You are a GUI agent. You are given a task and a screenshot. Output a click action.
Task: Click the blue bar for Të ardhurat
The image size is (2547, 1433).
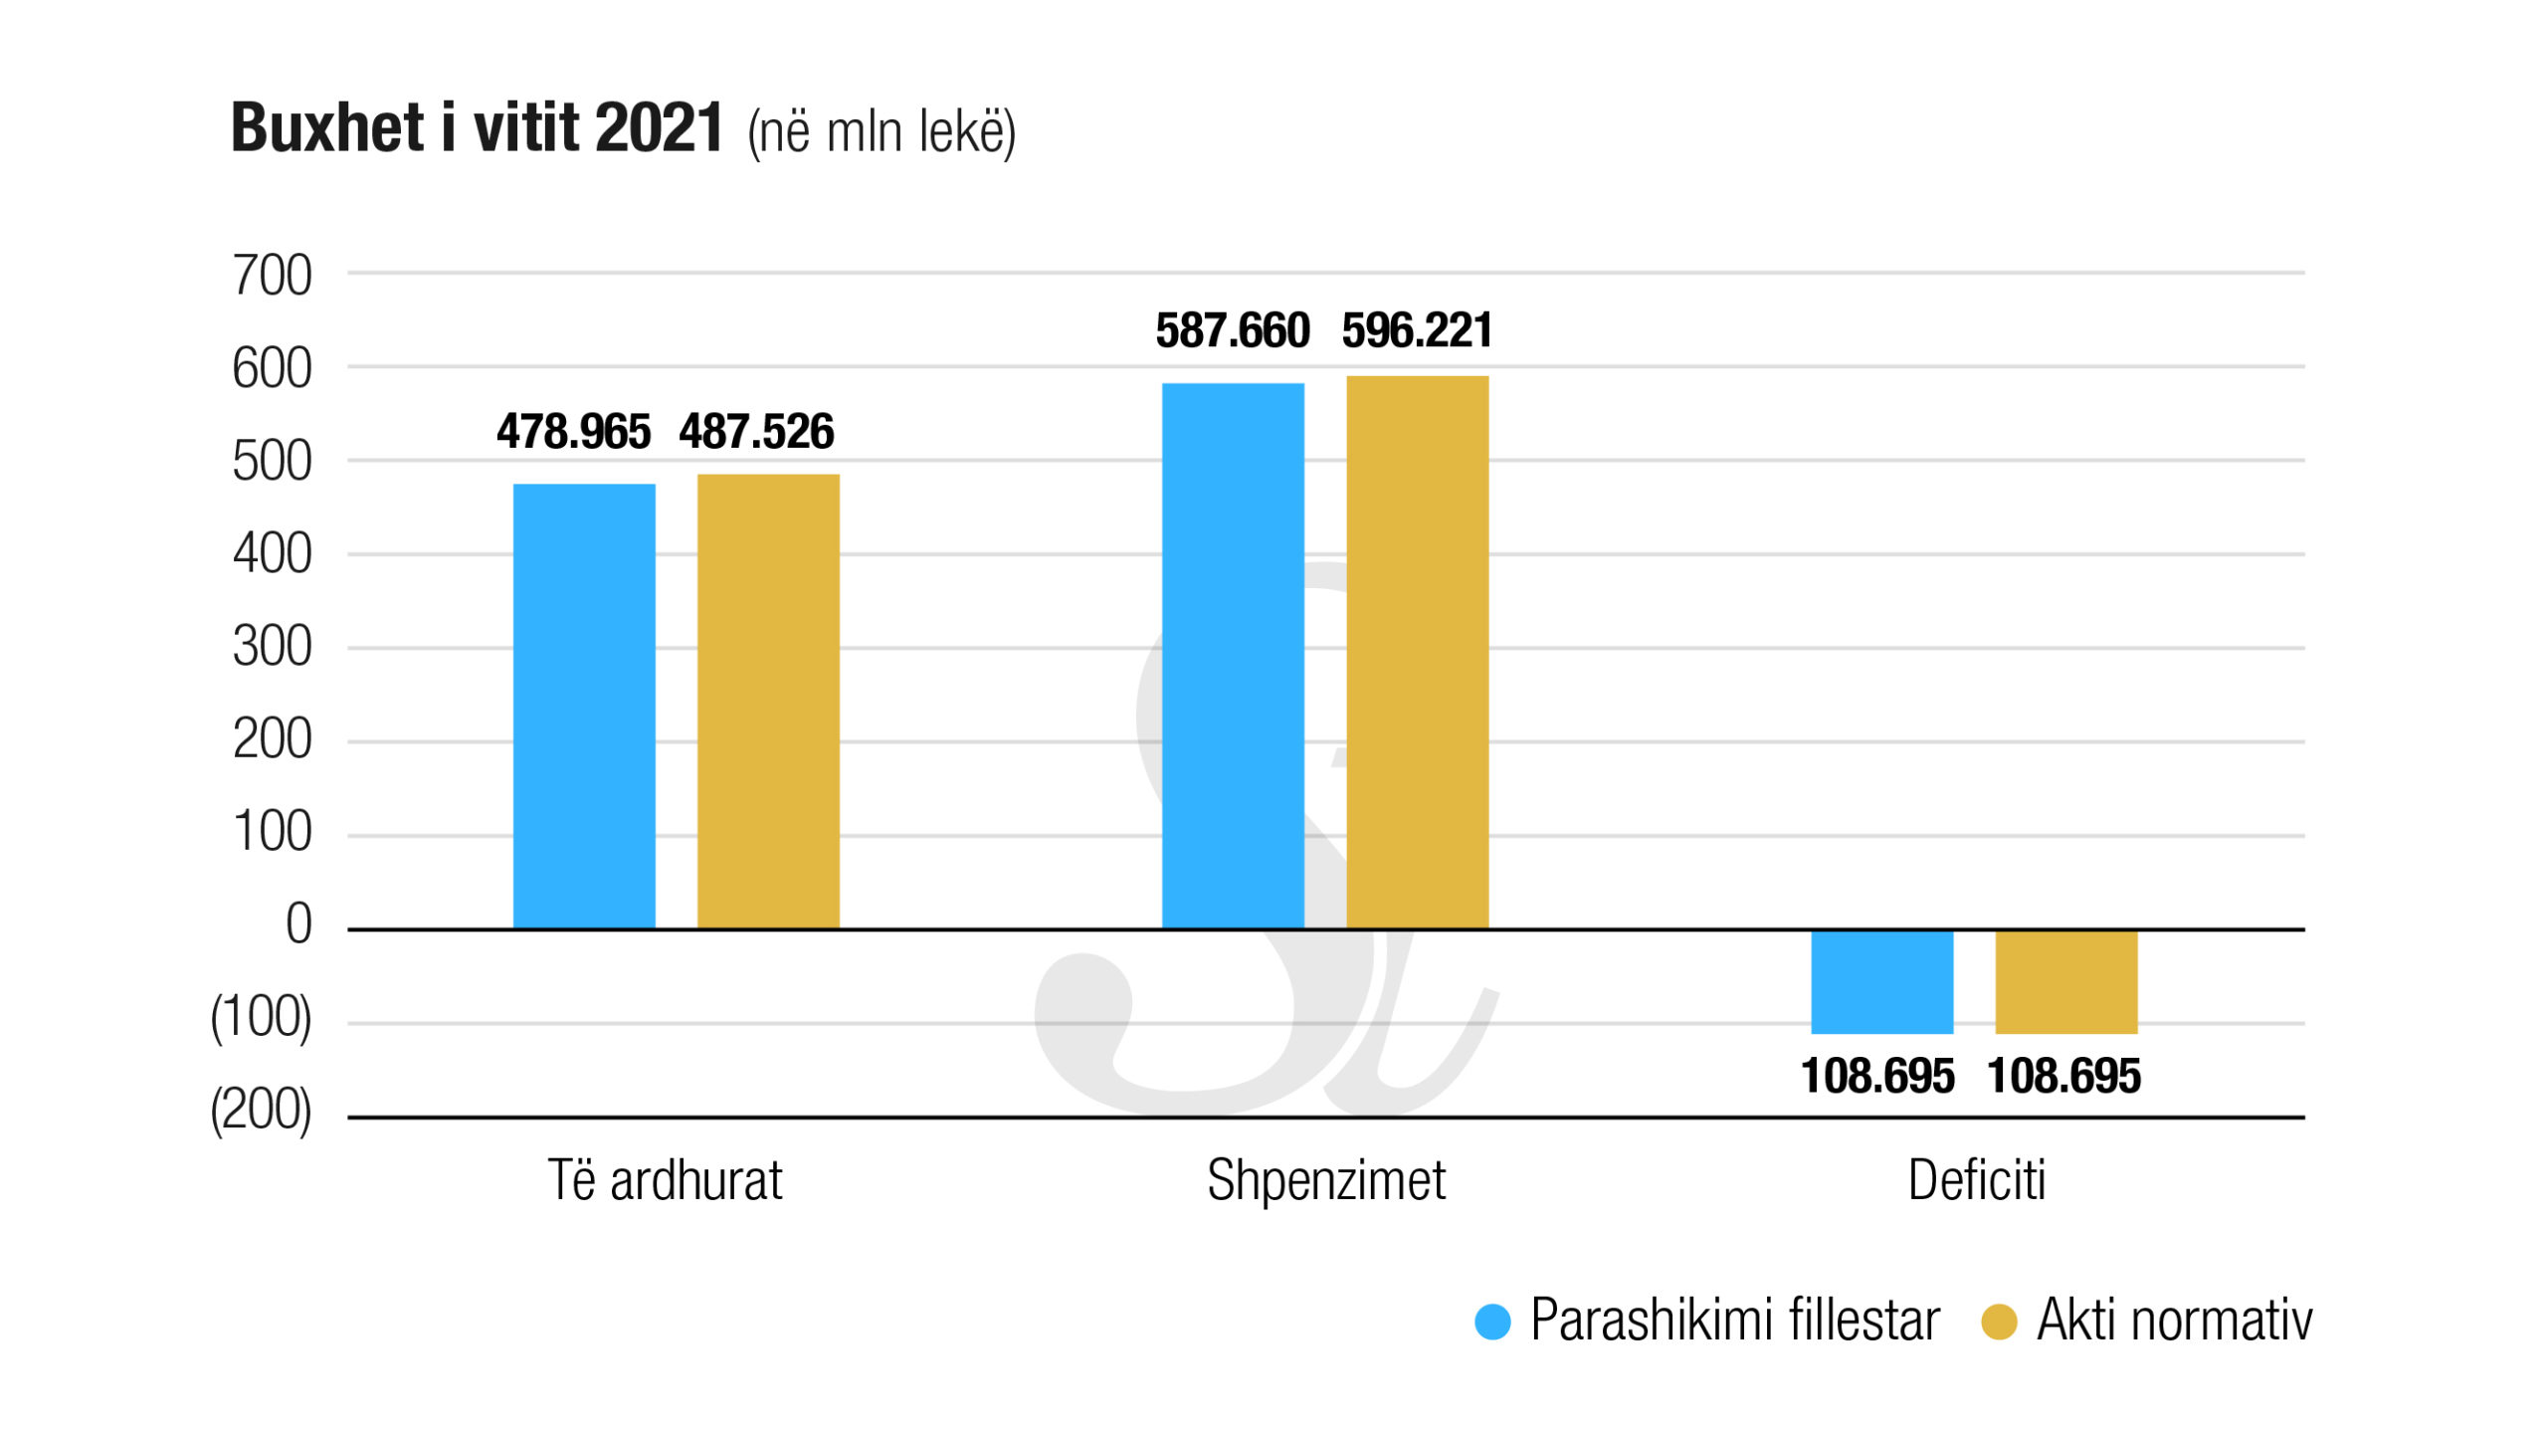pos(584,707)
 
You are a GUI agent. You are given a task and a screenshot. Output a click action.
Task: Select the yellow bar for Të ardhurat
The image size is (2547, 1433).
pos(768,702)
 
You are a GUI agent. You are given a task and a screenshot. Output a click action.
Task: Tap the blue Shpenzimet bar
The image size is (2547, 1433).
pos(1233,656)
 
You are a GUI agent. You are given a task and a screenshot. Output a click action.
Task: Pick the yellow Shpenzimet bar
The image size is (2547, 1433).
pos(1417,652)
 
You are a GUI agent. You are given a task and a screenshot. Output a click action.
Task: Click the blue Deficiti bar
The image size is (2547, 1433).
pos(1881,981)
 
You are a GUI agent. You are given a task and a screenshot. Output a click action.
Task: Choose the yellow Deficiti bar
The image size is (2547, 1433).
pos(2065,981)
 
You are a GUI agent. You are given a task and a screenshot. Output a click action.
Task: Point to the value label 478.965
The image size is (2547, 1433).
pos(573,432)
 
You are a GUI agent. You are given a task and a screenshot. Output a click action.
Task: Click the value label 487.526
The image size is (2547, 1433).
pos(756,432)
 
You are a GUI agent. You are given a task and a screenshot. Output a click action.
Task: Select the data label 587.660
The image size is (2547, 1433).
pos(1232,330)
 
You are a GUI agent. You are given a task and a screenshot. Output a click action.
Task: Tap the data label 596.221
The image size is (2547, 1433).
pos(1417,330)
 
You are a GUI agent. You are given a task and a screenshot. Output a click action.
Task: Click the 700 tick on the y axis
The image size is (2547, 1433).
pos(272,276)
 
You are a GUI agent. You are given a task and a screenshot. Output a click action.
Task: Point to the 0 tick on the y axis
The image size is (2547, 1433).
pos(298,924)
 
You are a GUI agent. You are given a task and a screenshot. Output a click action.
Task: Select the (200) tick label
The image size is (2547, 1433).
pos(261,1110)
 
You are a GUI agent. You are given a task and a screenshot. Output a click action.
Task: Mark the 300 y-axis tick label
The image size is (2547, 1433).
pos(272,647)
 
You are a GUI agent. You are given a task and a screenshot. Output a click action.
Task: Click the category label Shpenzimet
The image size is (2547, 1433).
pos(1325,1181)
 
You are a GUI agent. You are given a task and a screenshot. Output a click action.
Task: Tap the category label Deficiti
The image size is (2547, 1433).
pos(1976,1181)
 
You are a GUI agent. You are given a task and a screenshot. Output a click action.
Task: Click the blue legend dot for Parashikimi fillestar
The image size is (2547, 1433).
pos(1492,1322)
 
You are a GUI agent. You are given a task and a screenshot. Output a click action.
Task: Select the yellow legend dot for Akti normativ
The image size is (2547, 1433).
pos(1999,1322)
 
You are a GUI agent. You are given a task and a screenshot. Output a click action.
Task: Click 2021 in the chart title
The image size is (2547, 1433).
pos(659,128)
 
